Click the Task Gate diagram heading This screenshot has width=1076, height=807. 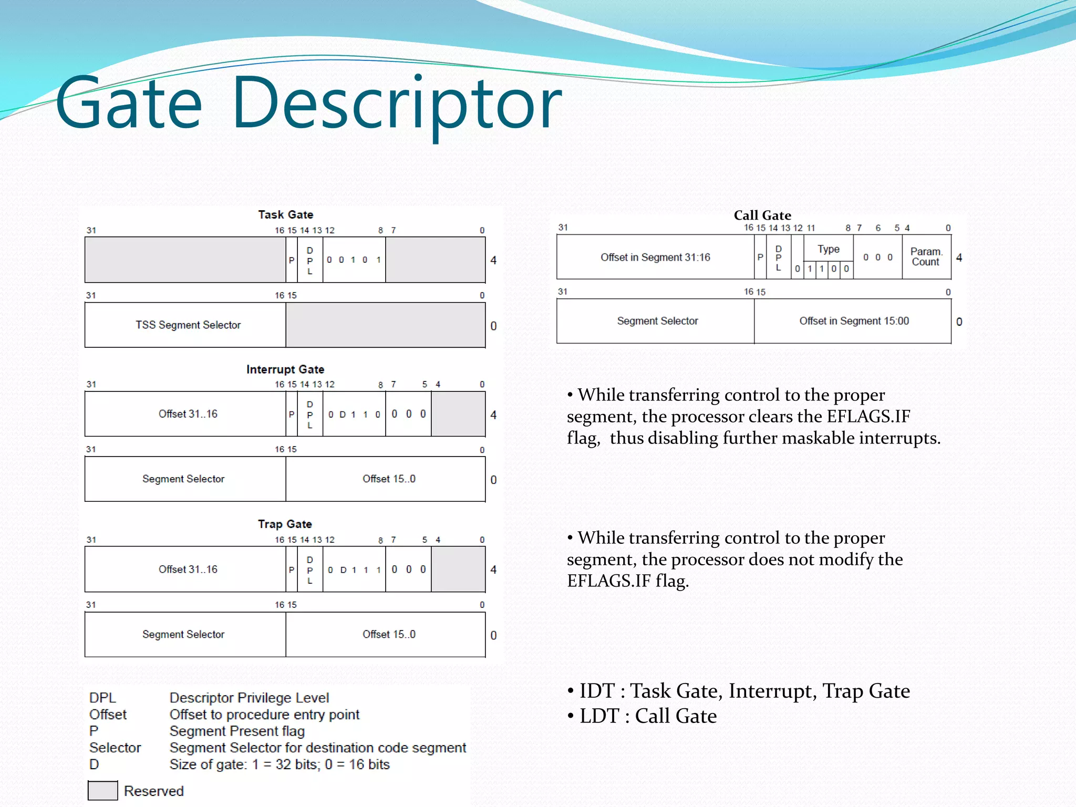[x=285, y=214]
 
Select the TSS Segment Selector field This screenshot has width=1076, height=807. [x=188, y=325]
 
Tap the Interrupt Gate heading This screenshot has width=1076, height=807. [x=285, y=369]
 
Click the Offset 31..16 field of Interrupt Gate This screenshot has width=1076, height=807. [x=188, y=414]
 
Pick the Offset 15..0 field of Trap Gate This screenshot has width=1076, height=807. [x=389, y=635]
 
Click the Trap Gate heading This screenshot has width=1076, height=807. [x=285, y=524]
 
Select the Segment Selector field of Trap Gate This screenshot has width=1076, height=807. [x=183, y=635]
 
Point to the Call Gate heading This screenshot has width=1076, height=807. [x=762, y=215]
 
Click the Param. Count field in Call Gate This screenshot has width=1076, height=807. [x=926, y=257]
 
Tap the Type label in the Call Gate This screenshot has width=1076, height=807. [x=828, y=249]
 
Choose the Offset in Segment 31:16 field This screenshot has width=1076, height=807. [x=655, y=257]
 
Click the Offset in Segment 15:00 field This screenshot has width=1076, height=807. [x=854, y=321]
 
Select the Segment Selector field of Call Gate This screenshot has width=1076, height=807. [x=657, y=321]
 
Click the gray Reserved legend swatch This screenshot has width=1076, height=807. [x=102, y=791]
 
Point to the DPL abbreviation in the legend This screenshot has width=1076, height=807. [x=102, y=698]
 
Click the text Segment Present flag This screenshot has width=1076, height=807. [x=237, y=731]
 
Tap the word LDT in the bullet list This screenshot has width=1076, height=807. [x=599, y=716]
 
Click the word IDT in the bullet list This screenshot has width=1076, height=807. [x=597, y=691]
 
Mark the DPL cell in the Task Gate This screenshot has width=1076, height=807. [x=310, y=260]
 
